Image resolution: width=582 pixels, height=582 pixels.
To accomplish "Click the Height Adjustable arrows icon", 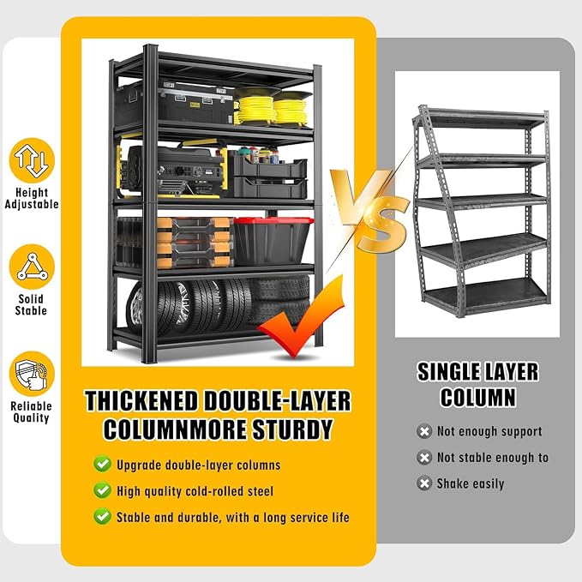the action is pyautogui.click(x=32, y=160).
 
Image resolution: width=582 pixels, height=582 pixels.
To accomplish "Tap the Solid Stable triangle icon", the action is pyautogui.click(x=32, y=267).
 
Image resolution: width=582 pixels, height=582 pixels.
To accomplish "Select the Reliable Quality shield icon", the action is pyautogui.click(x=32, y=374).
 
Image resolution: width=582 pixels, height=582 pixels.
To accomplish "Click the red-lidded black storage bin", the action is pyautogui.click(x=272, y=241).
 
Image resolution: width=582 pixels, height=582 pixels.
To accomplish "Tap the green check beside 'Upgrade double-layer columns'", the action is pyautogui.click(x=102, y=464).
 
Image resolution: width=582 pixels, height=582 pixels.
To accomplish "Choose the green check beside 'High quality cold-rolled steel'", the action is pyautogui.click(x=102, y=490).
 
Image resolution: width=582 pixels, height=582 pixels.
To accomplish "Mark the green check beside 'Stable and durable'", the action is pyautogui.click(x=102, y=517).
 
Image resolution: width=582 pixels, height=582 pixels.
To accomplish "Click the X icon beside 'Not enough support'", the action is pyautogui.click(x=424, y=431).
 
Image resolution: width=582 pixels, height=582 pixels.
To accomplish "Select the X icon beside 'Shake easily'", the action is pyautogui.click(x=424, y=483).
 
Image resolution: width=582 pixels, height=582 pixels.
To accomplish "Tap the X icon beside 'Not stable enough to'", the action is pyautogui.click(x=424, y=458).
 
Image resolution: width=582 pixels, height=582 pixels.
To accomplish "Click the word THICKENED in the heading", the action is pyautogui.click(x=141, y=401).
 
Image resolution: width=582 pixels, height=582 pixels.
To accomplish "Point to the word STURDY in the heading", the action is pyautogui.click(x=292, y=429).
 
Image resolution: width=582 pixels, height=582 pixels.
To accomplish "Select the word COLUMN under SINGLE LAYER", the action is pyautogui.click(x=478, y=397).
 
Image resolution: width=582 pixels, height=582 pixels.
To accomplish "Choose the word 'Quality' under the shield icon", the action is pyautogui.click(x=31, y=418).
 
